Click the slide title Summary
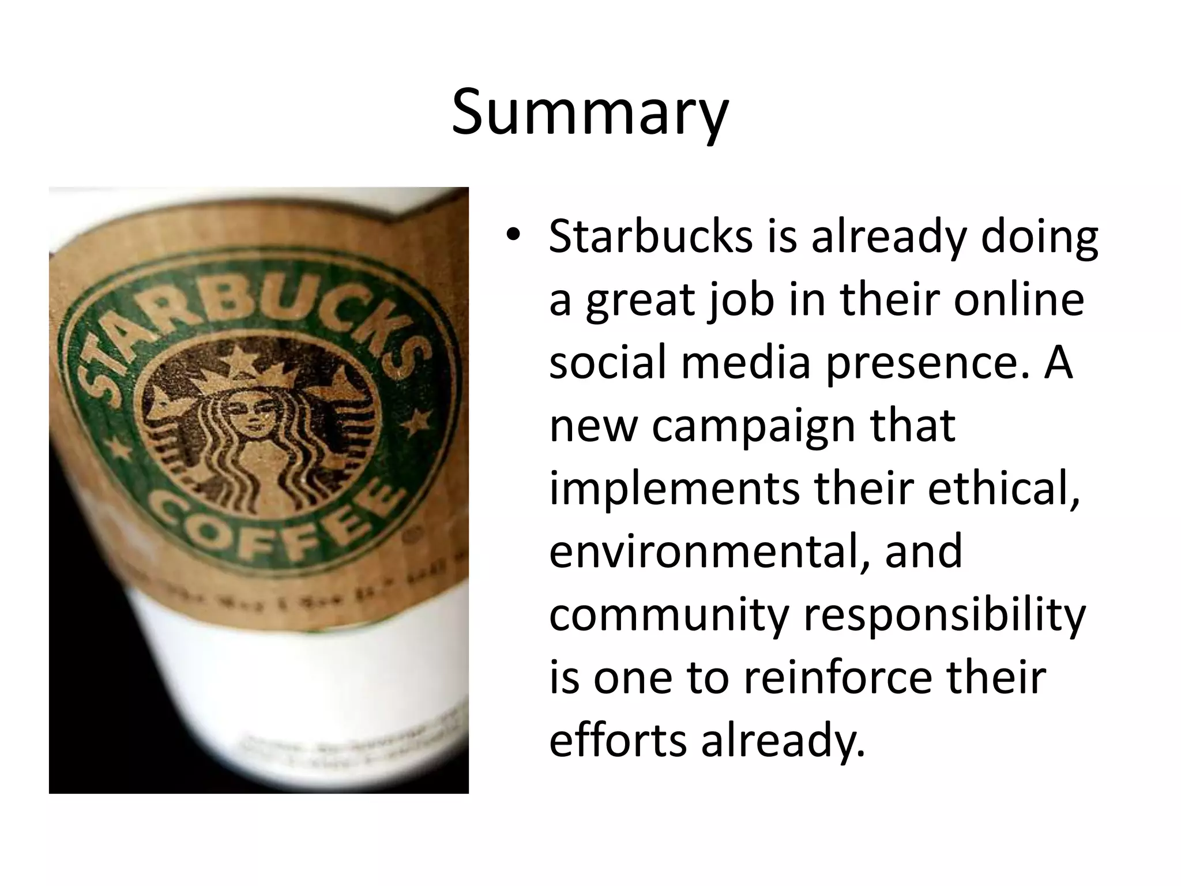pos(590,112)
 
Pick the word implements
pos(674,489)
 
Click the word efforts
pos(618,740)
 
